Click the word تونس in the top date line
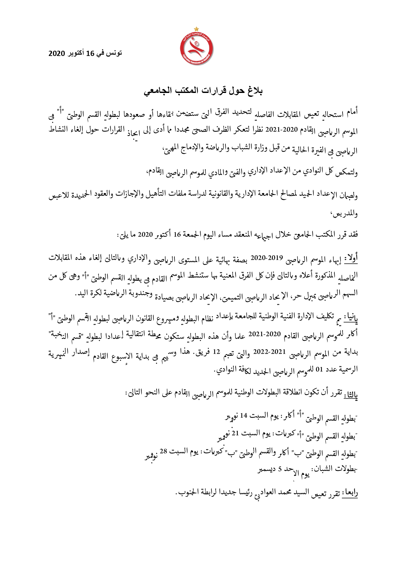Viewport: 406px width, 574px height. [115, 53]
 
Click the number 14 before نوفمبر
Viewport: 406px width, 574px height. [244, 416]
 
